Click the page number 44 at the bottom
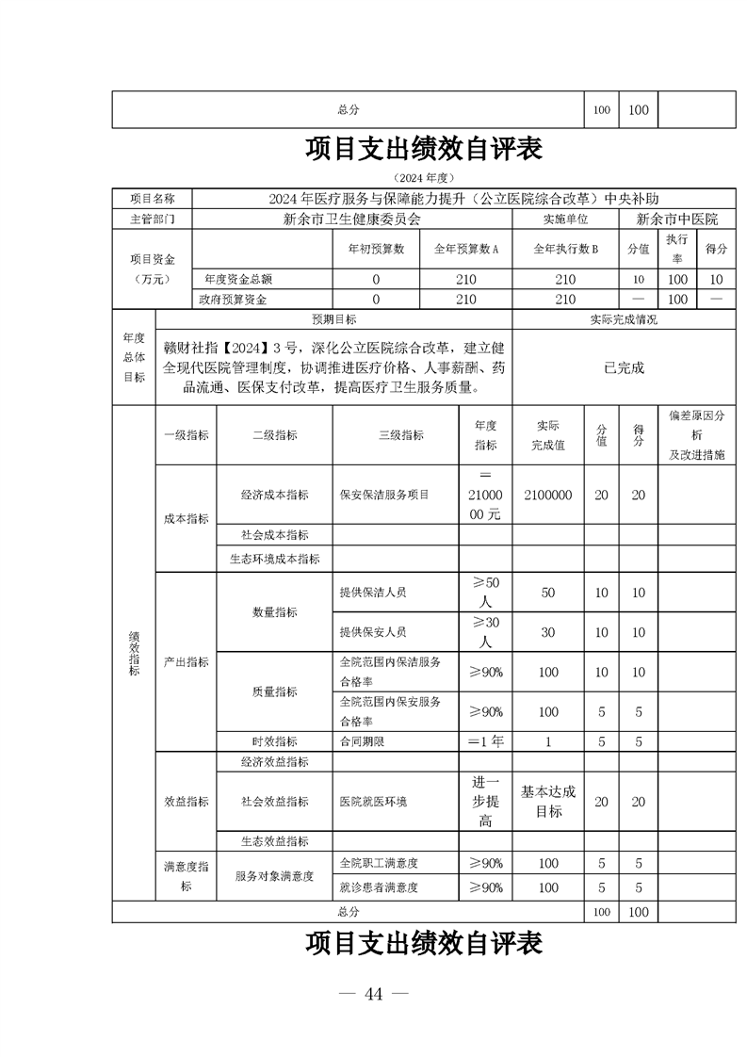[374, 996]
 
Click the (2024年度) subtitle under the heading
[425, 177]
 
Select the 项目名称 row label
[152, 199]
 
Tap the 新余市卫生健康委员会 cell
[351, 220]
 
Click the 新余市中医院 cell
[676, 220]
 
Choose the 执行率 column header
[676, 250]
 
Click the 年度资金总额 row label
[238, 280]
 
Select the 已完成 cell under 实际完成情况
[624, 368]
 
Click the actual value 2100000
[547, 495]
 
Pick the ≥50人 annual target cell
[485, 593]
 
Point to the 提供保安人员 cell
[373, 632]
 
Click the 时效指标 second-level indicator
[274, 741]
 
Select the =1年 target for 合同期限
[485, 741]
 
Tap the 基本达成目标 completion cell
[547, 802]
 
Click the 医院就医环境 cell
[373, 802]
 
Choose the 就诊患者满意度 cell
[379, 887]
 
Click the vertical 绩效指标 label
[133, 652]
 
